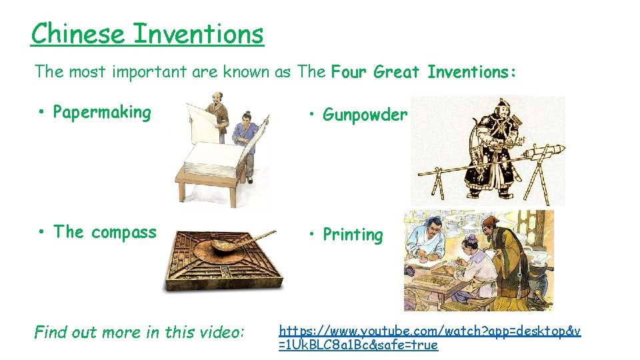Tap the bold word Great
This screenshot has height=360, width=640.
(x=397, y=71)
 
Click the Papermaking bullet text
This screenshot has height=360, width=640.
(x=102, y=112)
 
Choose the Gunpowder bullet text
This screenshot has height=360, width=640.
(x=365, y=115)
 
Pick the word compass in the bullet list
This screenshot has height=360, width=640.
(x=124, y=232)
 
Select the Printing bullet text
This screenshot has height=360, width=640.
(x=353, y=235)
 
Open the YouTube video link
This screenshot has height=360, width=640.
(x=429, y=337)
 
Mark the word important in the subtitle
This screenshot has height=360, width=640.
(x=149, y=71)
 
